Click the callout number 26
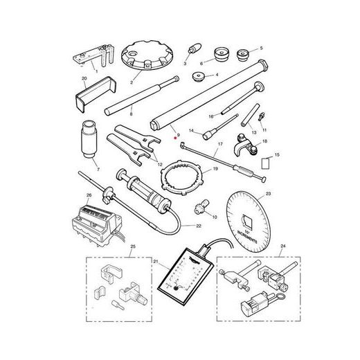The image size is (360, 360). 89,195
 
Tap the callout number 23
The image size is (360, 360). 268,194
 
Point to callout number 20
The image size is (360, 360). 84,79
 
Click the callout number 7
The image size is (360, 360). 98,170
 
